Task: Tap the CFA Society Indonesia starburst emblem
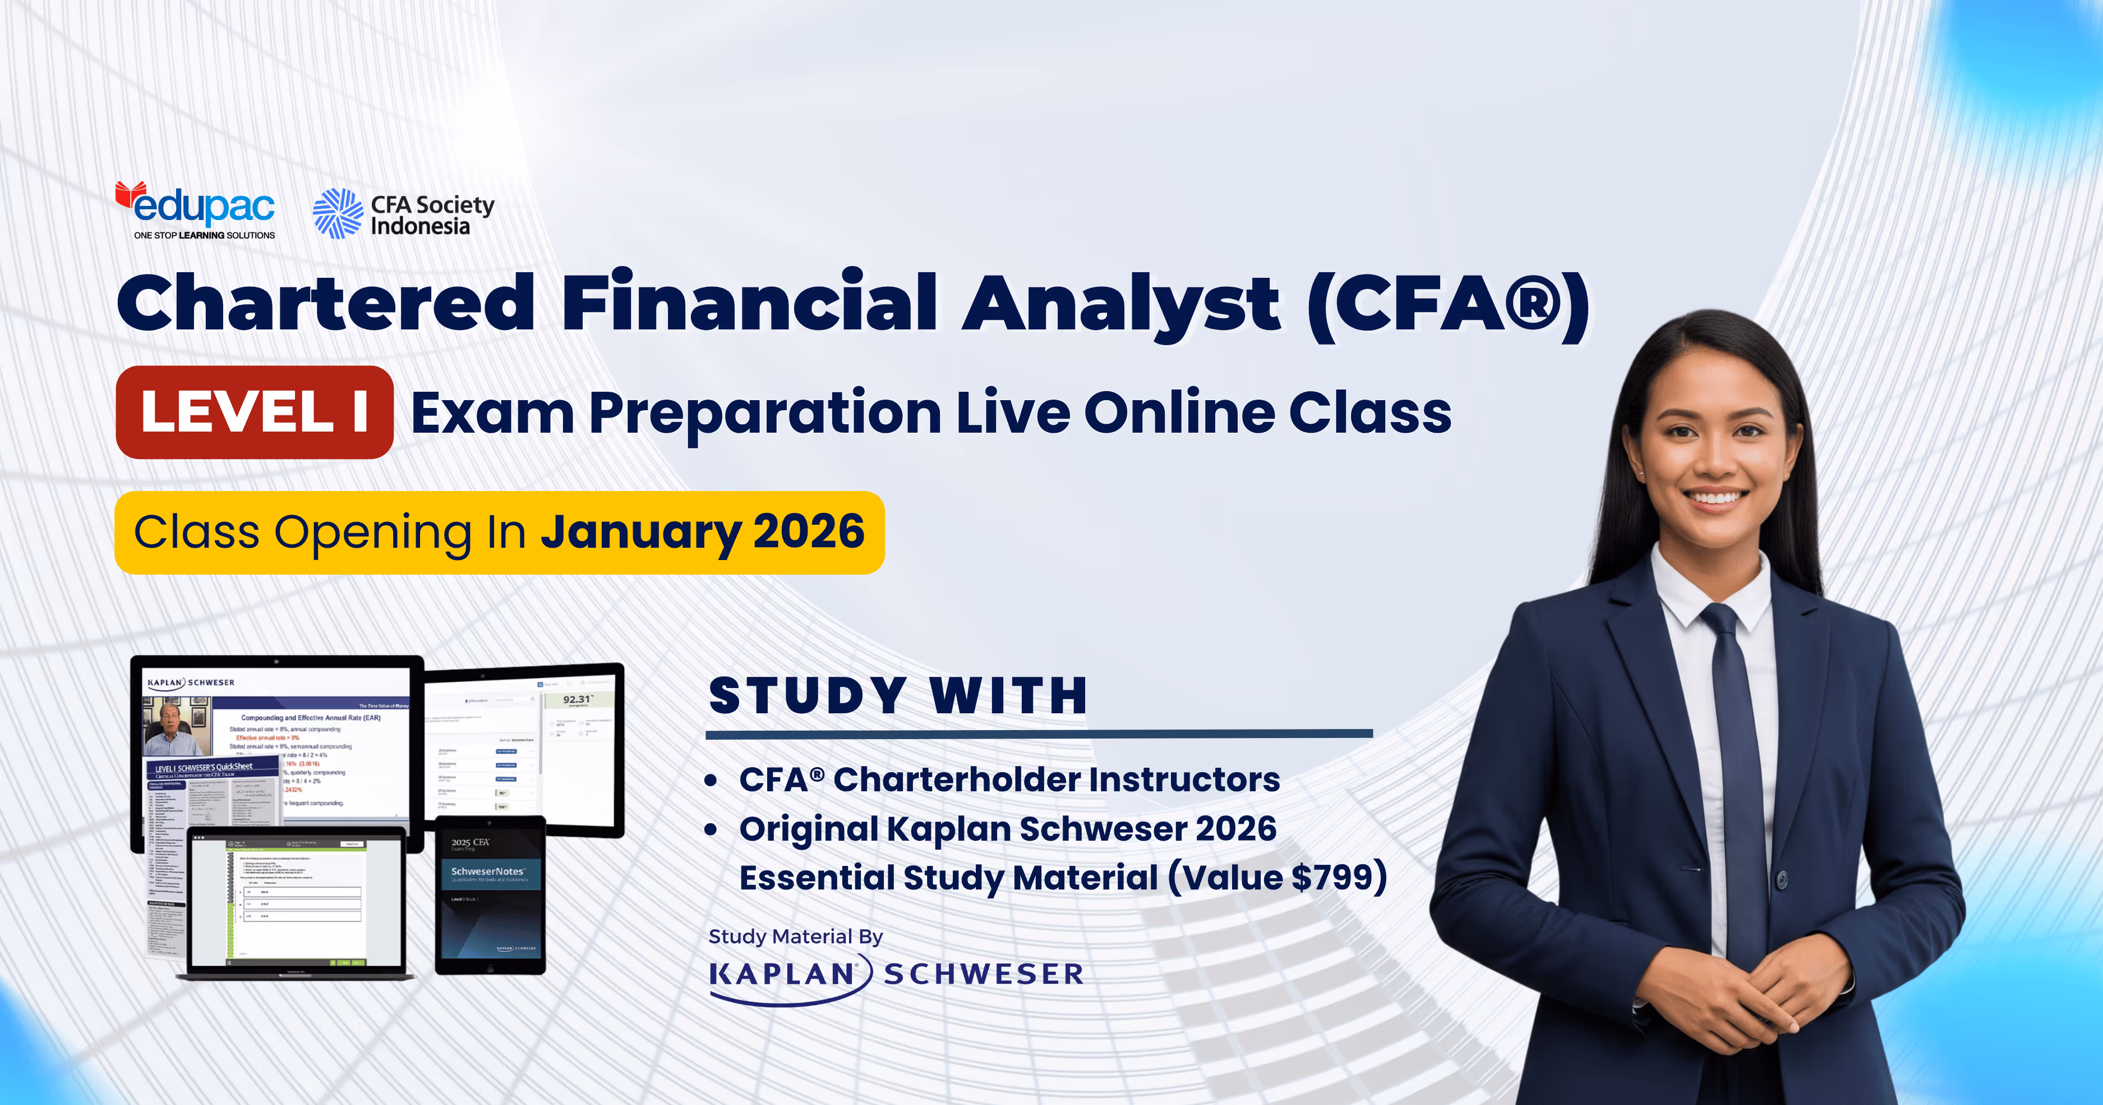(x=337, y=213)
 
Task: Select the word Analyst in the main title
(x=1120, y=304)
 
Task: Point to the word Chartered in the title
(x=326, y=304)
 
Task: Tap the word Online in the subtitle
(x=1178, y=412)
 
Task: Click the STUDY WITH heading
(x=898, y=696)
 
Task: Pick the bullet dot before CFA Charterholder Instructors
(x=711, y=781)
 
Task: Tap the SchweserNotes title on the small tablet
(x=487, y=872)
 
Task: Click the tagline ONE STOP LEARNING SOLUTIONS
(x=204, y=235)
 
